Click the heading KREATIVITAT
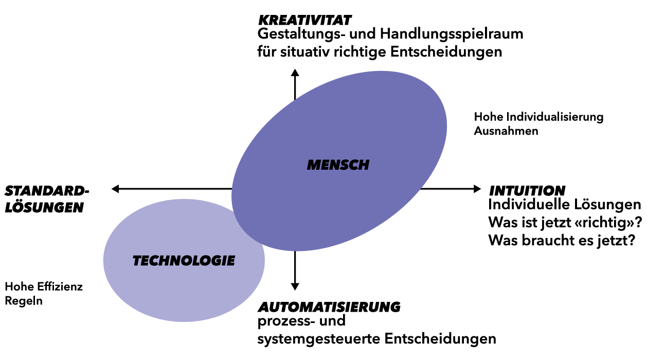[304, 20]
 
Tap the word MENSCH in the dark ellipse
[338, 165]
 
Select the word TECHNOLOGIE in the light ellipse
[184, 261]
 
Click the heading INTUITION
[527, 191]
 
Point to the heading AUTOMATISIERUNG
[329, 307]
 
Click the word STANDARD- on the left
[47, 191]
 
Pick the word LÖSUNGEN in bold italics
[44, 207]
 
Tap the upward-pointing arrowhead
[295, 73]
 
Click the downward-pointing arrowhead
[295, 286]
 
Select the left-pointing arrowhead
[115, 189]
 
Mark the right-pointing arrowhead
[477, 189]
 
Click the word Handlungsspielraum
[452, 34]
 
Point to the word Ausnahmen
[506, 131]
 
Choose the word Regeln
[24, 301]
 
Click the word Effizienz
[60, 286]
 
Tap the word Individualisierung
[555, 117]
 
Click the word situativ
[304, 52]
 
